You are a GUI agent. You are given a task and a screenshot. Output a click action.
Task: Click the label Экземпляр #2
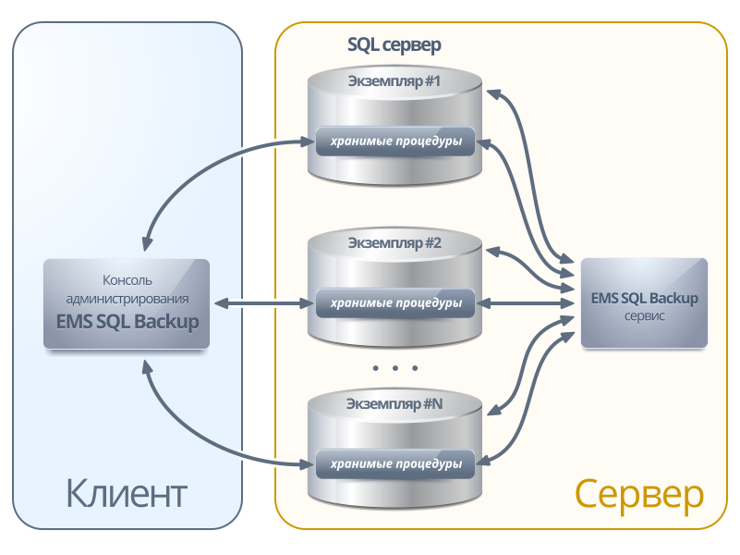pyautogui.click(x=394, y=244)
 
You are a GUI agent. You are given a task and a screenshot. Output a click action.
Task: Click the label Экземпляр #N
pyautogui.click(x=394, y=404)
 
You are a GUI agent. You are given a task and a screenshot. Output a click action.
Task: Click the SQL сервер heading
pyautogui.click(x=394, y=43)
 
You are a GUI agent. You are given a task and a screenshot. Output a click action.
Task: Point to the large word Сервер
pyautogui.click(x=638, y=494)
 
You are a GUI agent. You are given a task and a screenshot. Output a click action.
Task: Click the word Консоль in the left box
pyautogui.click(x=127, y=279)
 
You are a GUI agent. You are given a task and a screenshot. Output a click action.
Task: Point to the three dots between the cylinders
pyautogui.click(x=395, y=367)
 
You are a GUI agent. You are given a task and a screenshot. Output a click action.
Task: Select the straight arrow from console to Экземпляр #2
pyautogui.click(x=260, y=302)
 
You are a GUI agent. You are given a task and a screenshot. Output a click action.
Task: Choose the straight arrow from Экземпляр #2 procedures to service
pyautogui.click(x=527, y=302)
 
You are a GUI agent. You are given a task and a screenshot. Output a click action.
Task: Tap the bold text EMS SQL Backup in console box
pyautogui.click(x=127, y=322)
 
